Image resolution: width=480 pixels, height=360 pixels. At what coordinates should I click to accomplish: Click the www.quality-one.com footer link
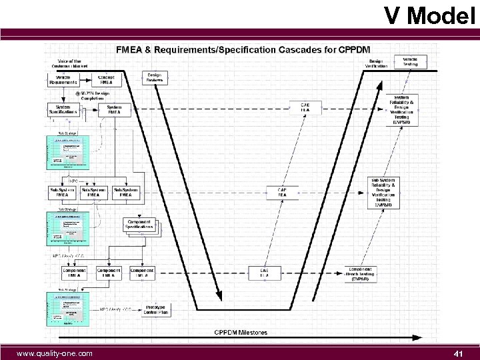point(55,353)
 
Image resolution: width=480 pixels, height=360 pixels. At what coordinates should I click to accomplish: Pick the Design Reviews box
point(154,78)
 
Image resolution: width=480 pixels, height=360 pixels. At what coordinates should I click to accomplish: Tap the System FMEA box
point(114,111)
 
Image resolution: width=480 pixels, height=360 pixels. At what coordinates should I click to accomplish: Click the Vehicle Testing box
point(410,61)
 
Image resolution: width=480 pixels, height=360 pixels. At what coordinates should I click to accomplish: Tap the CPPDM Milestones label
point(240,332)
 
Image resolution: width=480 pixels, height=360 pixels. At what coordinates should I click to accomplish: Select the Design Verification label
point(377,63)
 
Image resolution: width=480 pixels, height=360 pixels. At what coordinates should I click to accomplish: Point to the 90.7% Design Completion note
point(92,95)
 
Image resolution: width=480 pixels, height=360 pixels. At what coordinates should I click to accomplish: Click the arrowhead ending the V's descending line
point(218,294)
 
